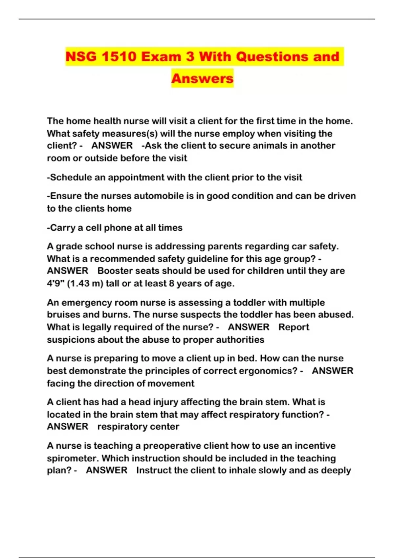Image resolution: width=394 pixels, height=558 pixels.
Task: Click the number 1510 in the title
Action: tap(119, 56)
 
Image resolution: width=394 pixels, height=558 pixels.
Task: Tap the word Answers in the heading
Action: tap(202, 78)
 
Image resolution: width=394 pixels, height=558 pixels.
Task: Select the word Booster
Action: tap(113, 271)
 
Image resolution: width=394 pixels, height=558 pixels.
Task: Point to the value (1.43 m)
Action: tap(85, 283)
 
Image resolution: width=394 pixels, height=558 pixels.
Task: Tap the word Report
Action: tap(294, 327)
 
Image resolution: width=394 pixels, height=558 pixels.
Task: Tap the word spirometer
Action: tap(73, 458)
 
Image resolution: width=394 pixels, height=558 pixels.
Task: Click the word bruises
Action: tap(63, 314)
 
